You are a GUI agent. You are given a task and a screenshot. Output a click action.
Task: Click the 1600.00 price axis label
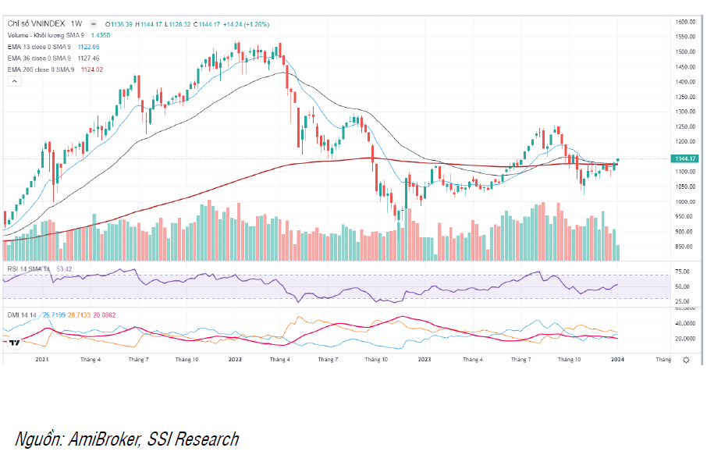(685, 22)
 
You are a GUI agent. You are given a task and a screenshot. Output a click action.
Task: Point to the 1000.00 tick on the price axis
(685, 201)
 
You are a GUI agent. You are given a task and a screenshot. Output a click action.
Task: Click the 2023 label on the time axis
(424, 359)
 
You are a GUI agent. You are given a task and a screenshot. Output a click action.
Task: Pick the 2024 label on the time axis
(617, 359)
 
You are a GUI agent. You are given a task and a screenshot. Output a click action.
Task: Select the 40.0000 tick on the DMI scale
(685, 323)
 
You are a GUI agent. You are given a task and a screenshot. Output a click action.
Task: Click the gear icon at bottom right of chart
(686, 360)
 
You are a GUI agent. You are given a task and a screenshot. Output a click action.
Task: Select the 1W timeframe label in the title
(76, 24)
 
